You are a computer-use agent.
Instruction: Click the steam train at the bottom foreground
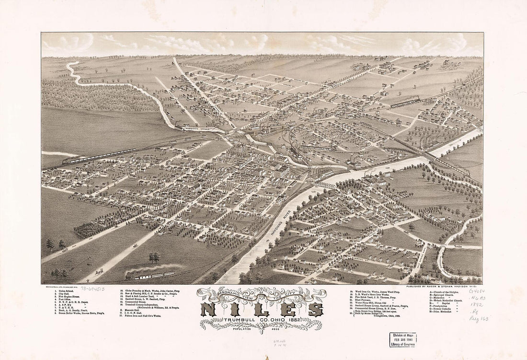tap(151, 276)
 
